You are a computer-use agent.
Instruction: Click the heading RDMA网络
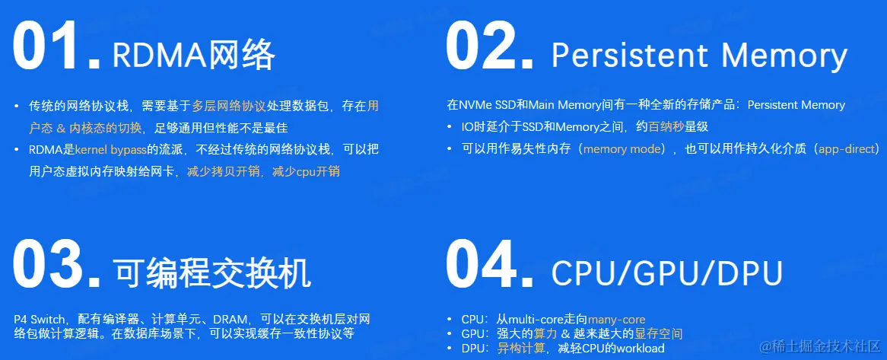[x=193, y=56]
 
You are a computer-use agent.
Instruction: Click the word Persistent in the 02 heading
[x=629, y=56]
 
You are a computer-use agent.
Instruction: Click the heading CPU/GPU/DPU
[x=667, y=273]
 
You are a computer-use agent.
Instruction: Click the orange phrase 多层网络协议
[x=228, y=106]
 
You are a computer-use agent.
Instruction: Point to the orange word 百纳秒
[x=666, y=127]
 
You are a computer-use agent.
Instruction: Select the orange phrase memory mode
[x=622, y=149]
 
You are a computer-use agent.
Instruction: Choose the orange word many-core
[x=616, y=320]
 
